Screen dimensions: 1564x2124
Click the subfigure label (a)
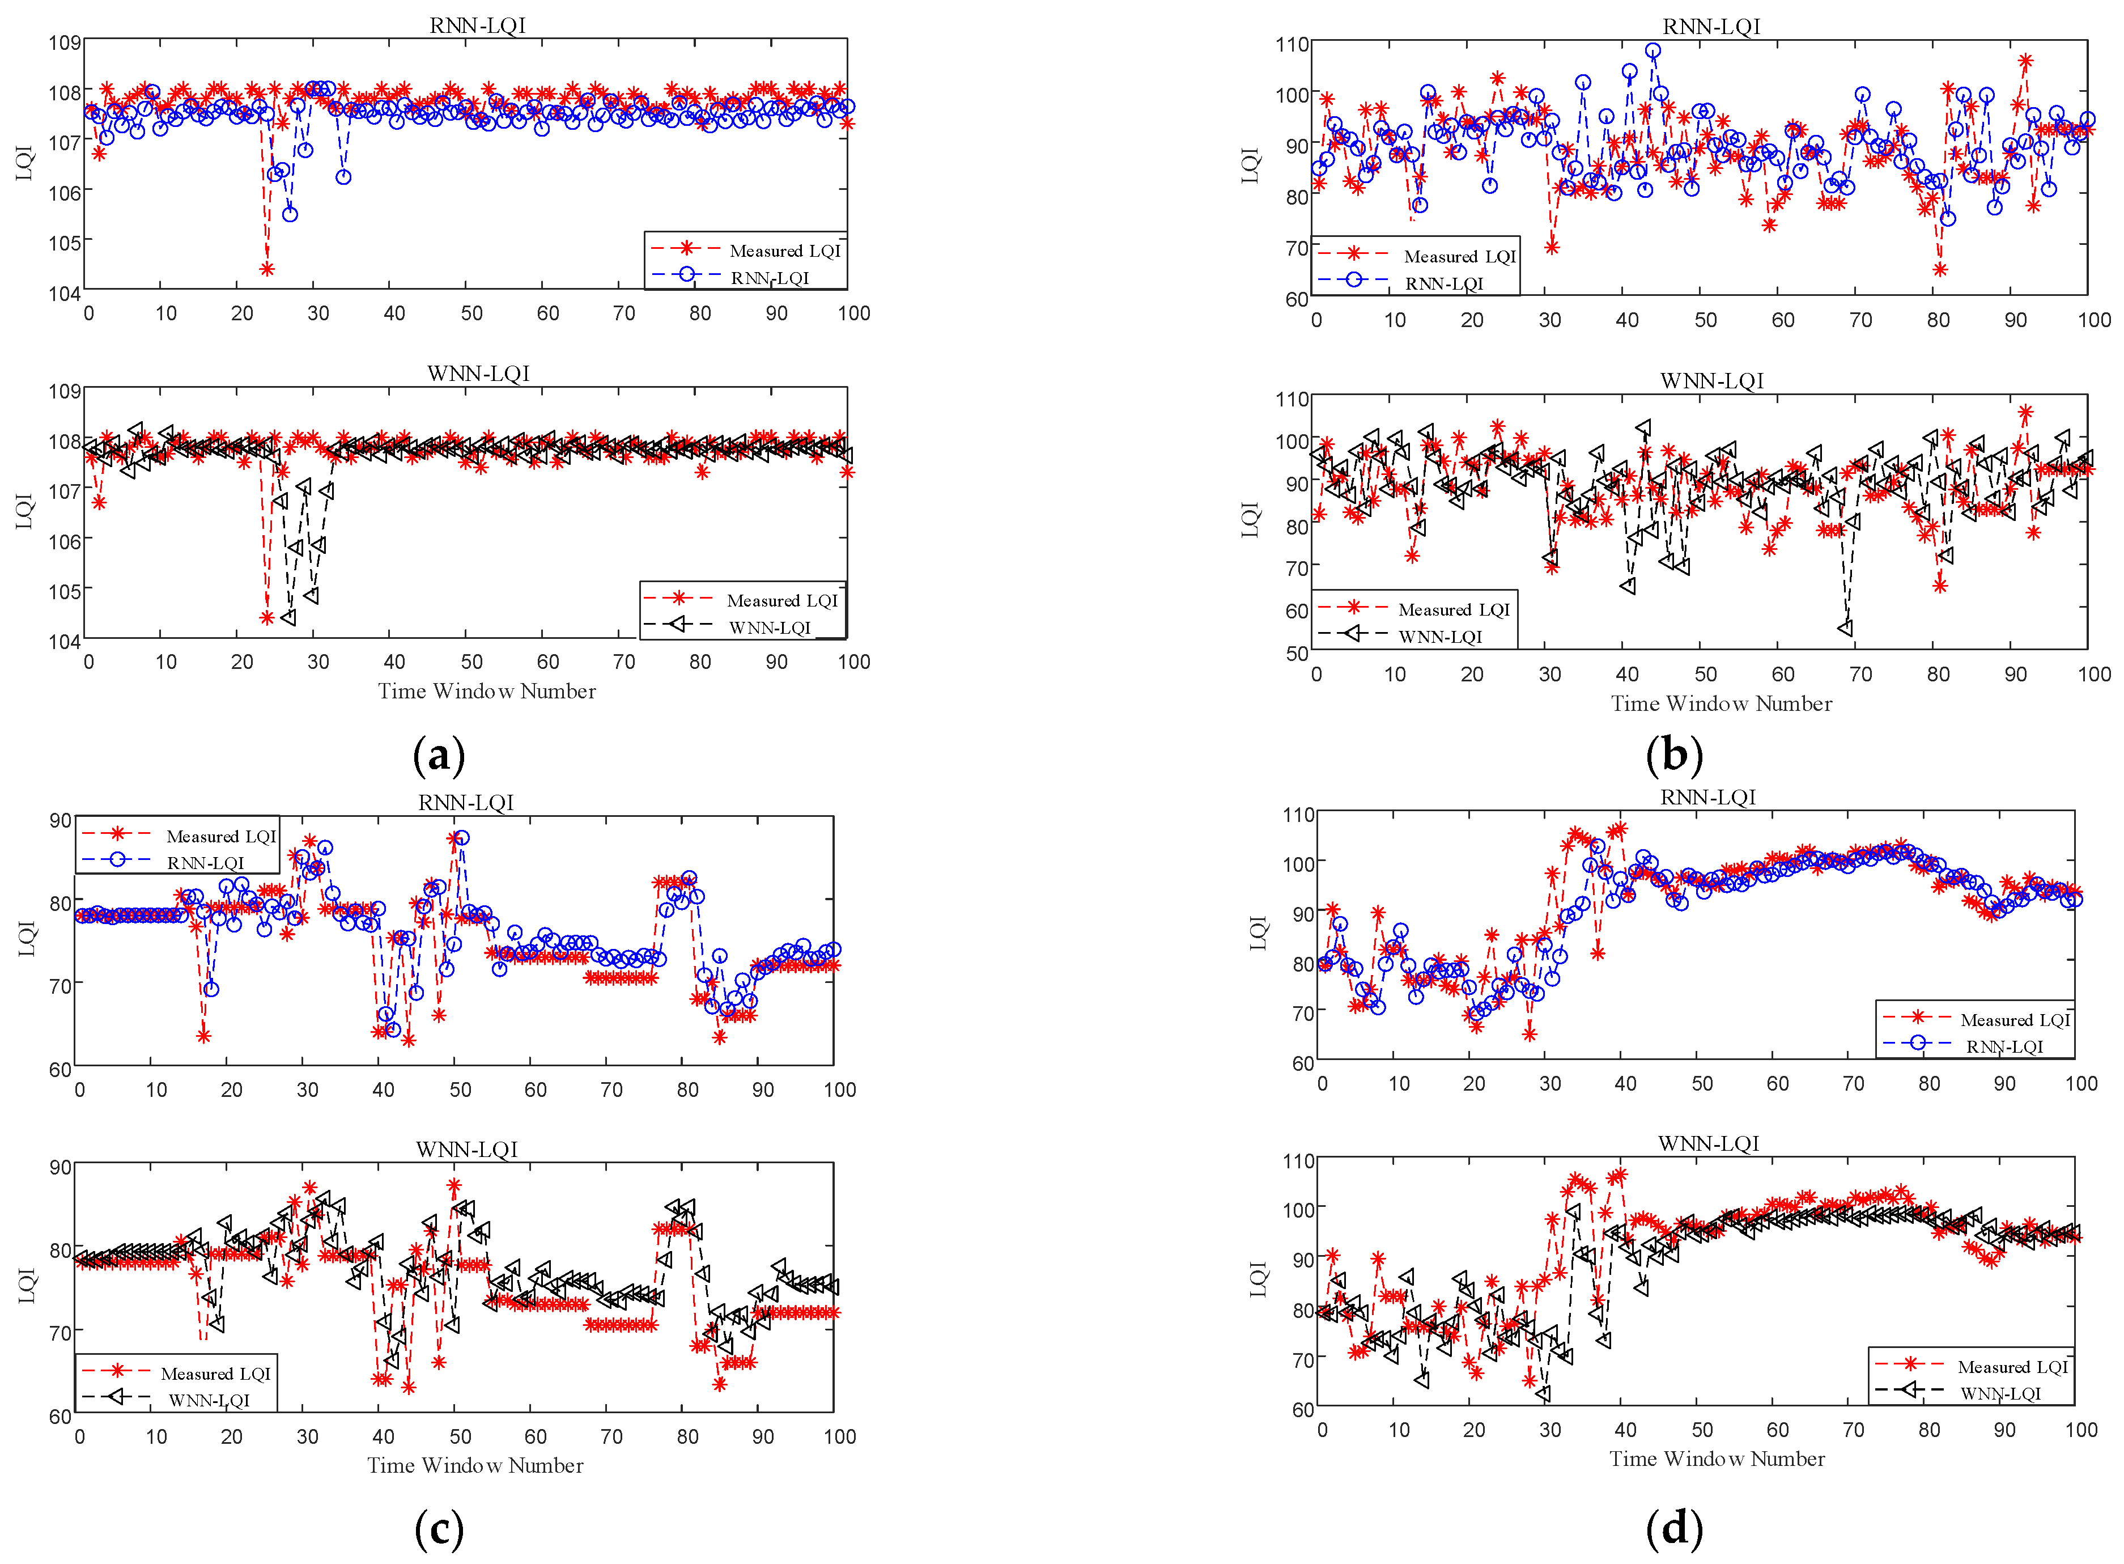[x=439, y=756]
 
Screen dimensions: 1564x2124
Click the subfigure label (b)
[x=1673, y=756]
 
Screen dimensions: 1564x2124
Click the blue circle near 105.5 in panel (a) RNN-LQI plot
[x=290, y=214]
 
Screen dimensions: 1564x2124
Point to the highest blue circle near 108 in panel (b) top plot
[x=1653, y=51]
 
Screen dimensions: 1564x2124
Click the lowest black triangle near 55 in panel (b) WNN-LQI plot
[x=1845, y=628]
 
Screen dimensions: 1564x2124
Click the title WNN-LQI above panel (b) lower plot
[x=1711, y=380]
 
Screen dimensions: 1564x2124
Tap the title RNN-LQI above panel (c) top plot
[x=466, y=802]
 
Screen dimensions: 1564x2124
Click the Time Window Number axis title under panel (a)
[x=486, y=691]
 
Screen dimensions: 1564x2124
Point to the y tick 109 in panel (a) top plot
[x=65, y=43]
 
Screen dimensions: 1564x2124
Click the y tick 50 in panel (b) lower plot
[x=1296, y=652]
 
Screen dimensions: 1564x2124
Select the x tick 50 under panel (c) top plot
[x=460, y=1089]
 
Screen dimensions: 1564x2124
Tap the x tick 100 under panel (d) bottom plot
[x=2080, y=1430]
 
